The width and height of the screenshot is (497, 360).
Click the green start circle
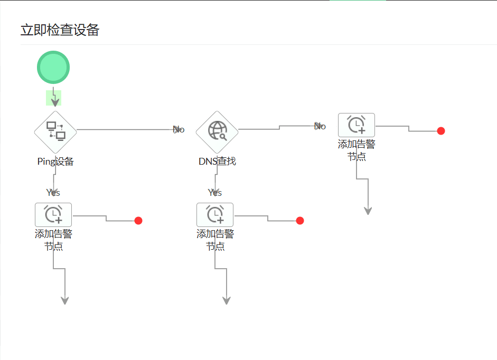point(53,67)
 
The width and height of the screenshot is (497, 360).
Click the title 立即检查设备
point(60,30)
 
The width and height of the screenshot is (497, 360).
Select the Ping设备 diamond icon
point(55,131)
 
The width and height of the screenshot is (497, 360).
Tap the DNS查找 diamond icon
point(217,131)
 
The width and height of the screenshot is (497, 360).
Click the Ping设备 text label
point(55,162)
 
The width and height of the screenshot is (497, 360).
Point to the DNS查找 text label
point(217,161)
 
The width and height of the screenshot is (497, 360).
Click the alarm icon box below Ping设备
point(53,214)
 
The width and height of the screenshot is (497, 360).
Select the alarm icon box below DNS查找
point(215,214)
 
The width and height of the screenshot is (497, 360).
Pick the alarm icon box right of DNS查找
point(357,125)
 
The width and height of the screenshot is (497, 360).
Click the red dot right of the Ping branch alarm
point(138,221)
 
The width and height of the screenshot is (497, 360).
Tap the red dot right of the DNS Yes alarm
point(300,221)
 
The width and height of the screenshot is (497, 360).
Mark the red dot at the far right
point(441,131)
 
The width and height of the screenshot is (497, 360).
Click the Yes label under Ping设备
point(53,192)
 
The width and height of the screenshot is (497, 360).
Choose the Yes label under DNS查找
point(215,192)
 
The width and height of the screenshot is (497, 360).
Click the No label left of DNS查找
point(179,129)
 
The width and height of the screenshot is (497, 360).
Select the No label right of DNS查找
point(320,126)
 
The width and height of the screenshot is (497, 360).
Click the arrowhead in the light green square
point(54,101)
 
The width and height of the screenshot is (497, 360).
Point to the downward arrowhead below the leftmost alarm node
point(65,300)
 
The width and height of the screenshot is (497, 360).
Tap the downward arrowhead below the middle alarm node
point(227,300)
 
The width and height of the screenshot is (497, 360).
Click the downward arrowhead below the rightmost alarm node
point(368,211)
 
